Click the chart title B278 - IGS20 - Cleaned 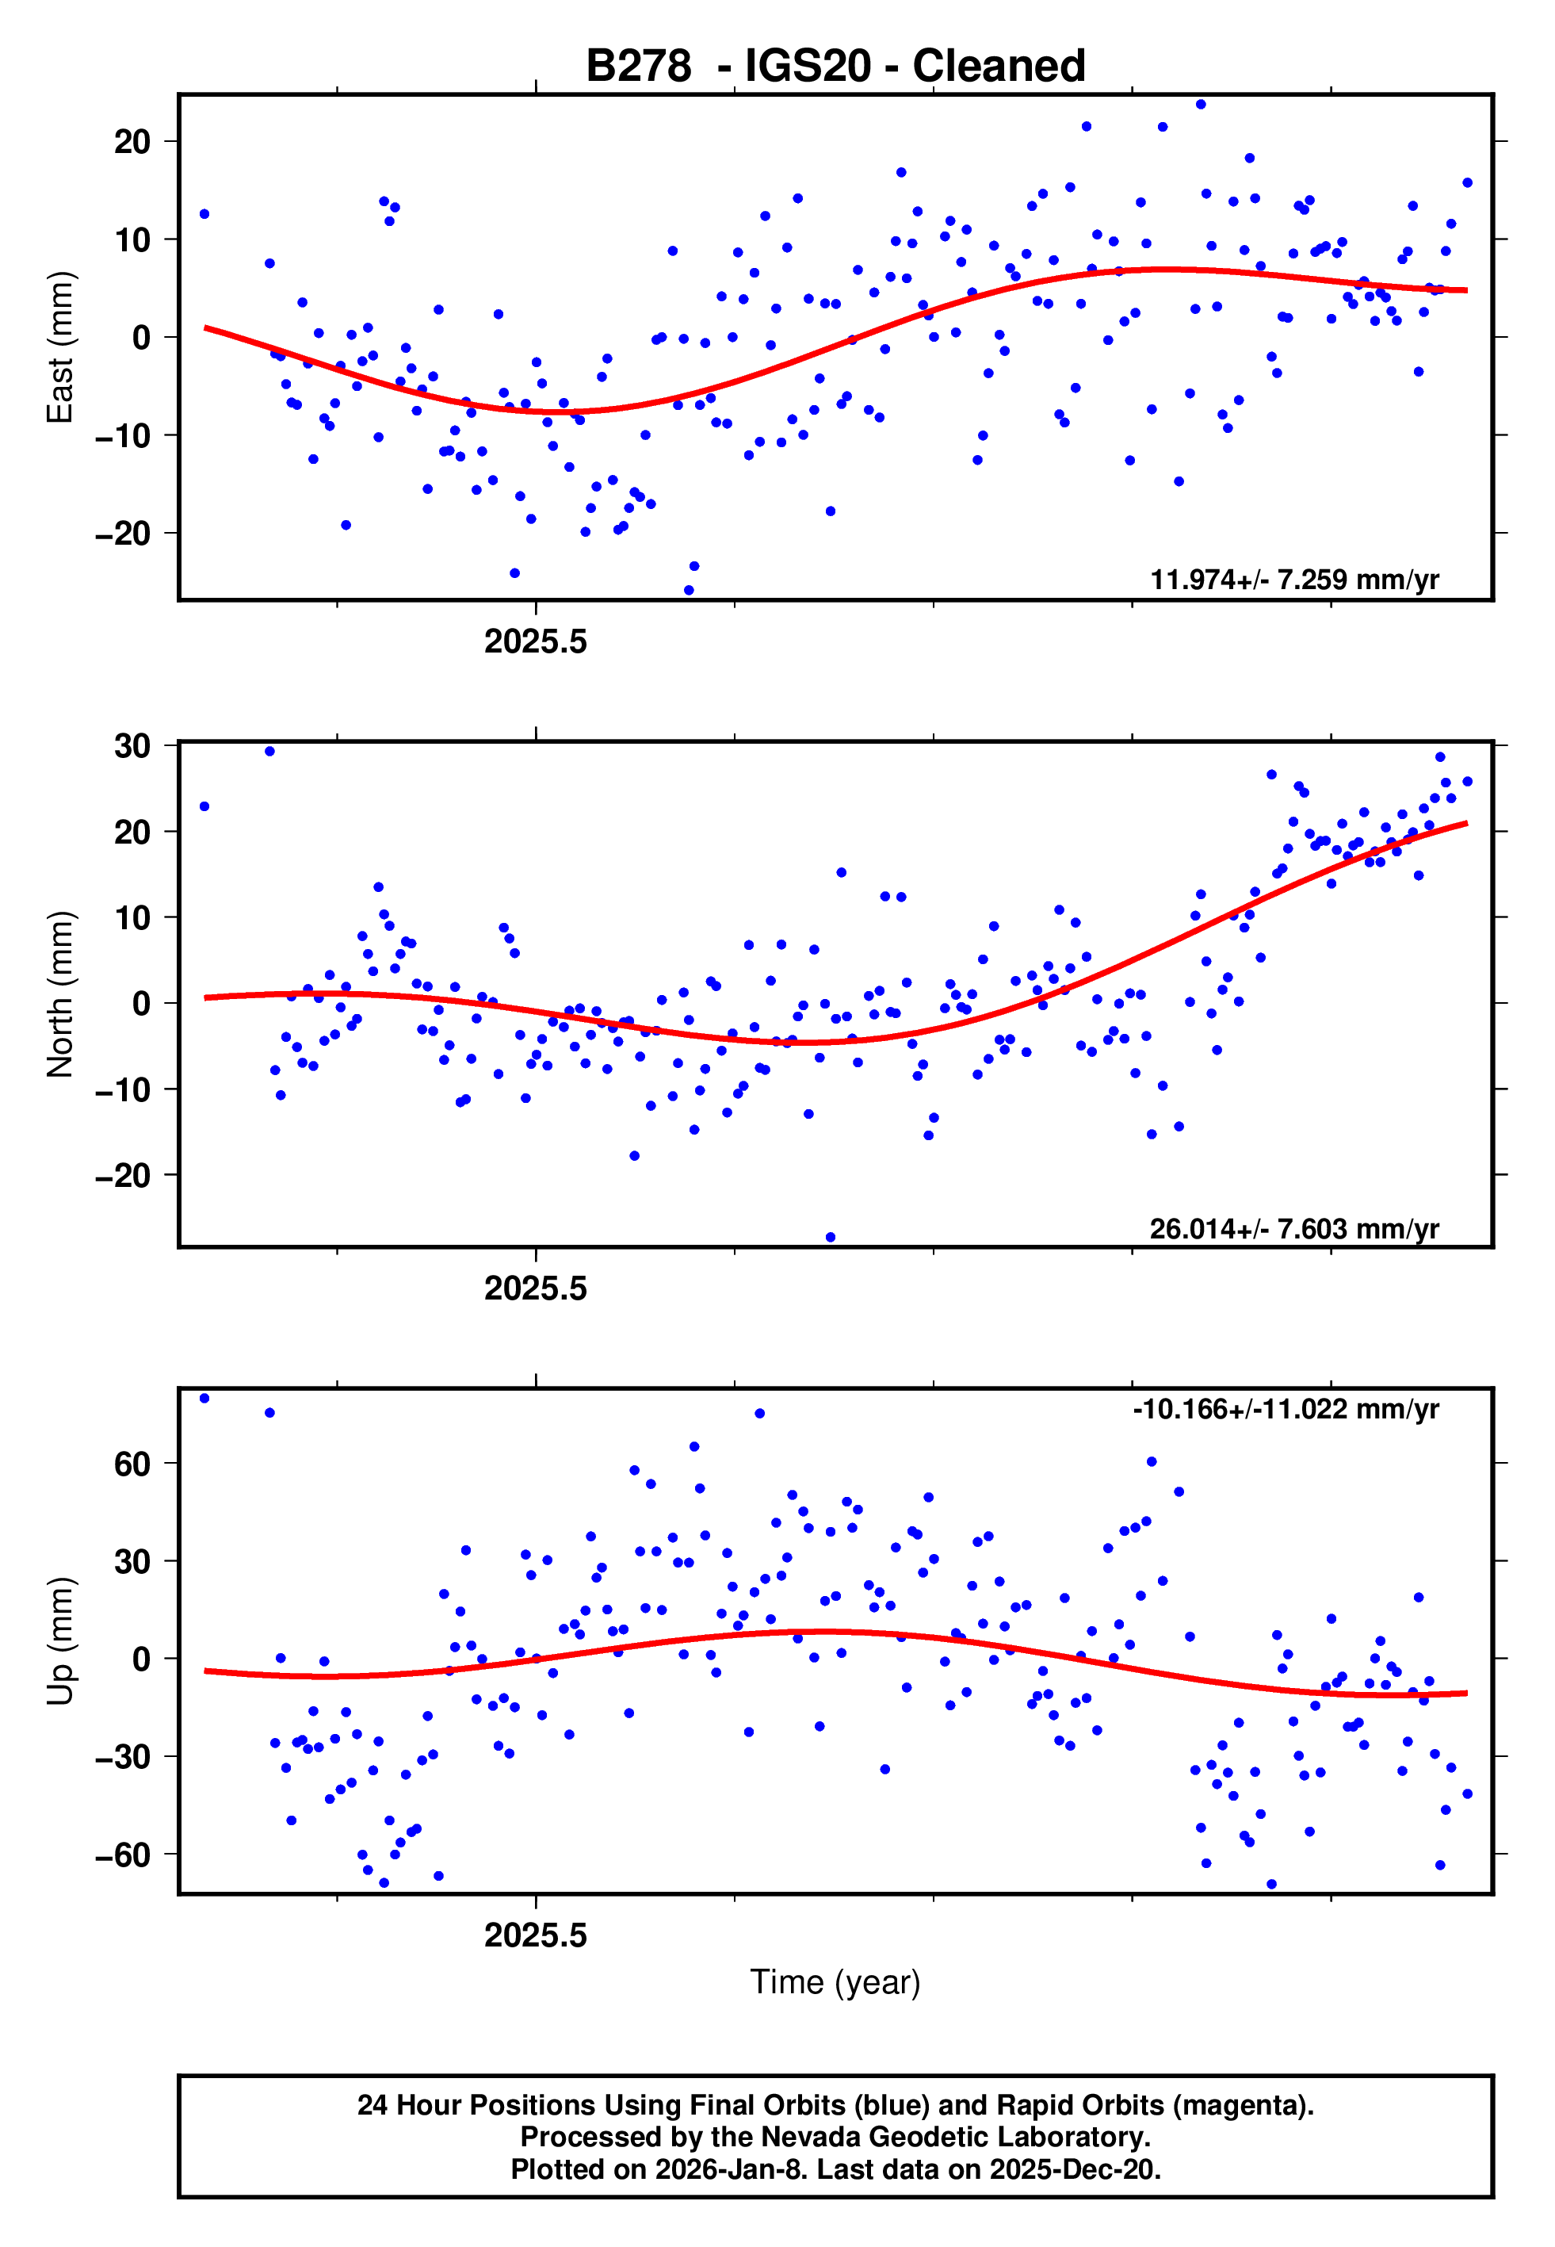pyautogui.click(x=835, y=67)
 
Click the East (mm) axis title pyautogui.click(x=60, y=347)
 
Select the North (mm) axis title pyautogui.click(x=60, y=994)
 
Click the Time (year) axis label pyautogui.click(x=835, y=1982)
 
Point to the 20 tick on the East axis pyautogui.click(x=132, y=142)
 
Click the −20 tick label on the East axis pyautogui.click(x=123, y=534)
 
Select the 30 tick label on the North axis pyautogui.click(x=132, y=746)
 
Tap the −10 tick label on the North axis pyautogui.click(x=123, y=1090)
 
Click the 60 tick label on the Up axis pyautogui.click(x=132, y=1464)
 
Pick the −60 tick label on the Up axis pyautogui.click(x=123, y=1855)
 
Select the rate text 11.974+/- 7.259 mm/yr pyautogui.click(x=1294, y=580)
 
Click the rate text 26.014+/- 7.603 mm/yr pyautogui.click(x=1294, y=1229)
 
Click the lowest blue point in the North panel pyautogui.click(x=830, y=1238)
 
